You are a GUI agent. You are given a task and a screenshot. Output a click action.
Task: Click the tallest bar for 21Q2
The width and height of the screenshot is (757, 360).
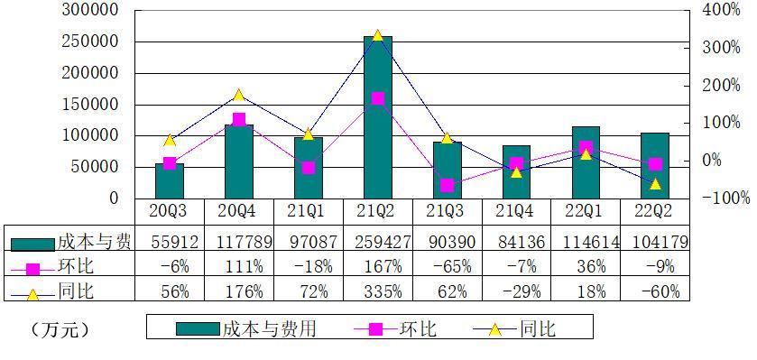(377, 117)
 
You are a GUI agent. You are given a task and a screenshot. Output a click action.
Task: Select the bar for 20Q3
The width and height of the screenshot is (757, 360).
(169, 180)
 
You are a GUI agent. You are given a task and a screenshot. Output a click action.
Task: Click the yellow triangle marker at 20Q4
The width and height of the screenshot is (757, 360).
(238, 95)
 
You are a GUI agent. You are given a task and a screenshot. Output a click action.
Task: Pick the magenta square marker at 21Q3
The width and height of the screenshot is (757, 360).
(447, 185)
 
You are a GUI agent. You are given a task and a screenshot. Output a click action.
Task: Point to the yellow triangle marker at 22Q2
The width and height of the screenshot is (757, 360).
(655, 184)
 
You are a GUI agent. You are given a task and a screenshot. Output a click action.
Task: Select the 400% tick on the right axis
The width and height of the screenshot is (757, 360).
(720, 10)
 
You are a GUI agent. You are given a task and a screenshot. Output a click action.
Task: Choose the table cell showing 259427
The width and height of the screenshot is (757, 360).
(377, 242)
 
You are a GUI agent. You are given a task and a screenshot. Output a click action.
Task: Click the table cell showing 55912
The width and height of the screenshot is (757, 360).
(169, 242)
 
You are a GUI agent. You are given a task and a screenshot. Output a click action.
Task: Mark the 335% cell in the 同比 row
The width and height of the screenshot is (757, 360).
(377, 291)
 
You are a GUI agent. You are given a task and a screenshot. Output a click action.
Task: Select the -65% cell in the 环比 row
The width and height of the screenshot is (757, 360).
(447, 267)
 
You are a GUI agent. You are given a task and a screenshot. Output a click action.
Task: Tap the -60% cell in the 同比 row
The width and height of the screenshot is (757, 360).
(655, 291)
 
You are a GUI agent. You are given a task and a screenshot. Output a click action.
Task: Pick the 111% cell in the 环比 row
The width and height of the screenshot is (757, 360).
(238, 267)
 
